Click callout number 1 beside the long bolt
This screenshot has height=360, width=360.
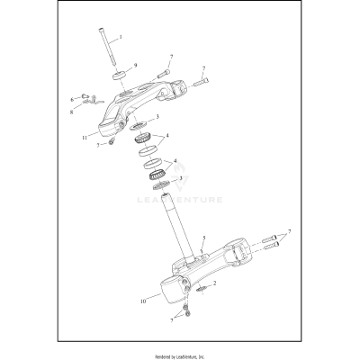[121, 37]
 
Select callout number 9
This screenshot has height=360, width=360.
[134, 66]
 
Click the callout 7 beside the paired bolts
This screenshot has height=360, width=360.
[290, 231]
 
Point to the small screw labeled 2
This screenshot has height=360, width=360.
[202, 290]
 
